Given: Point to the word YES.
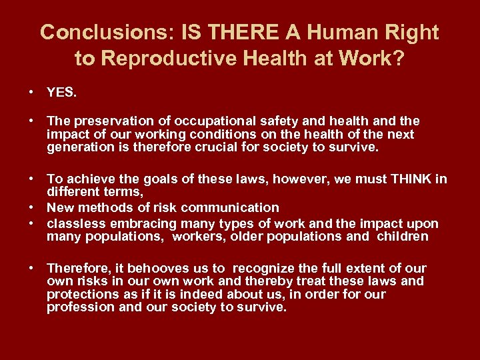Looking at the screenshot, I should (x=62, y=93).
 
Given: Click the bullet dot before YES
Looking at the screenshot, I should (x=31, y=93).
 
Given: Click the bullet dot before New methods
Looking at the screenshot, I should (x=31, y=208).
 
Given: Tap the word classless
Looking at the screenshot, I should (x=73, y=223).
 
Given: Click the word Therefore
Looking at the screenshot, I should (x=79, y=268).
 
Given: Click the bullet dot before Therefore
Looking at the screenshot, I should (x=31, y=268).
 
